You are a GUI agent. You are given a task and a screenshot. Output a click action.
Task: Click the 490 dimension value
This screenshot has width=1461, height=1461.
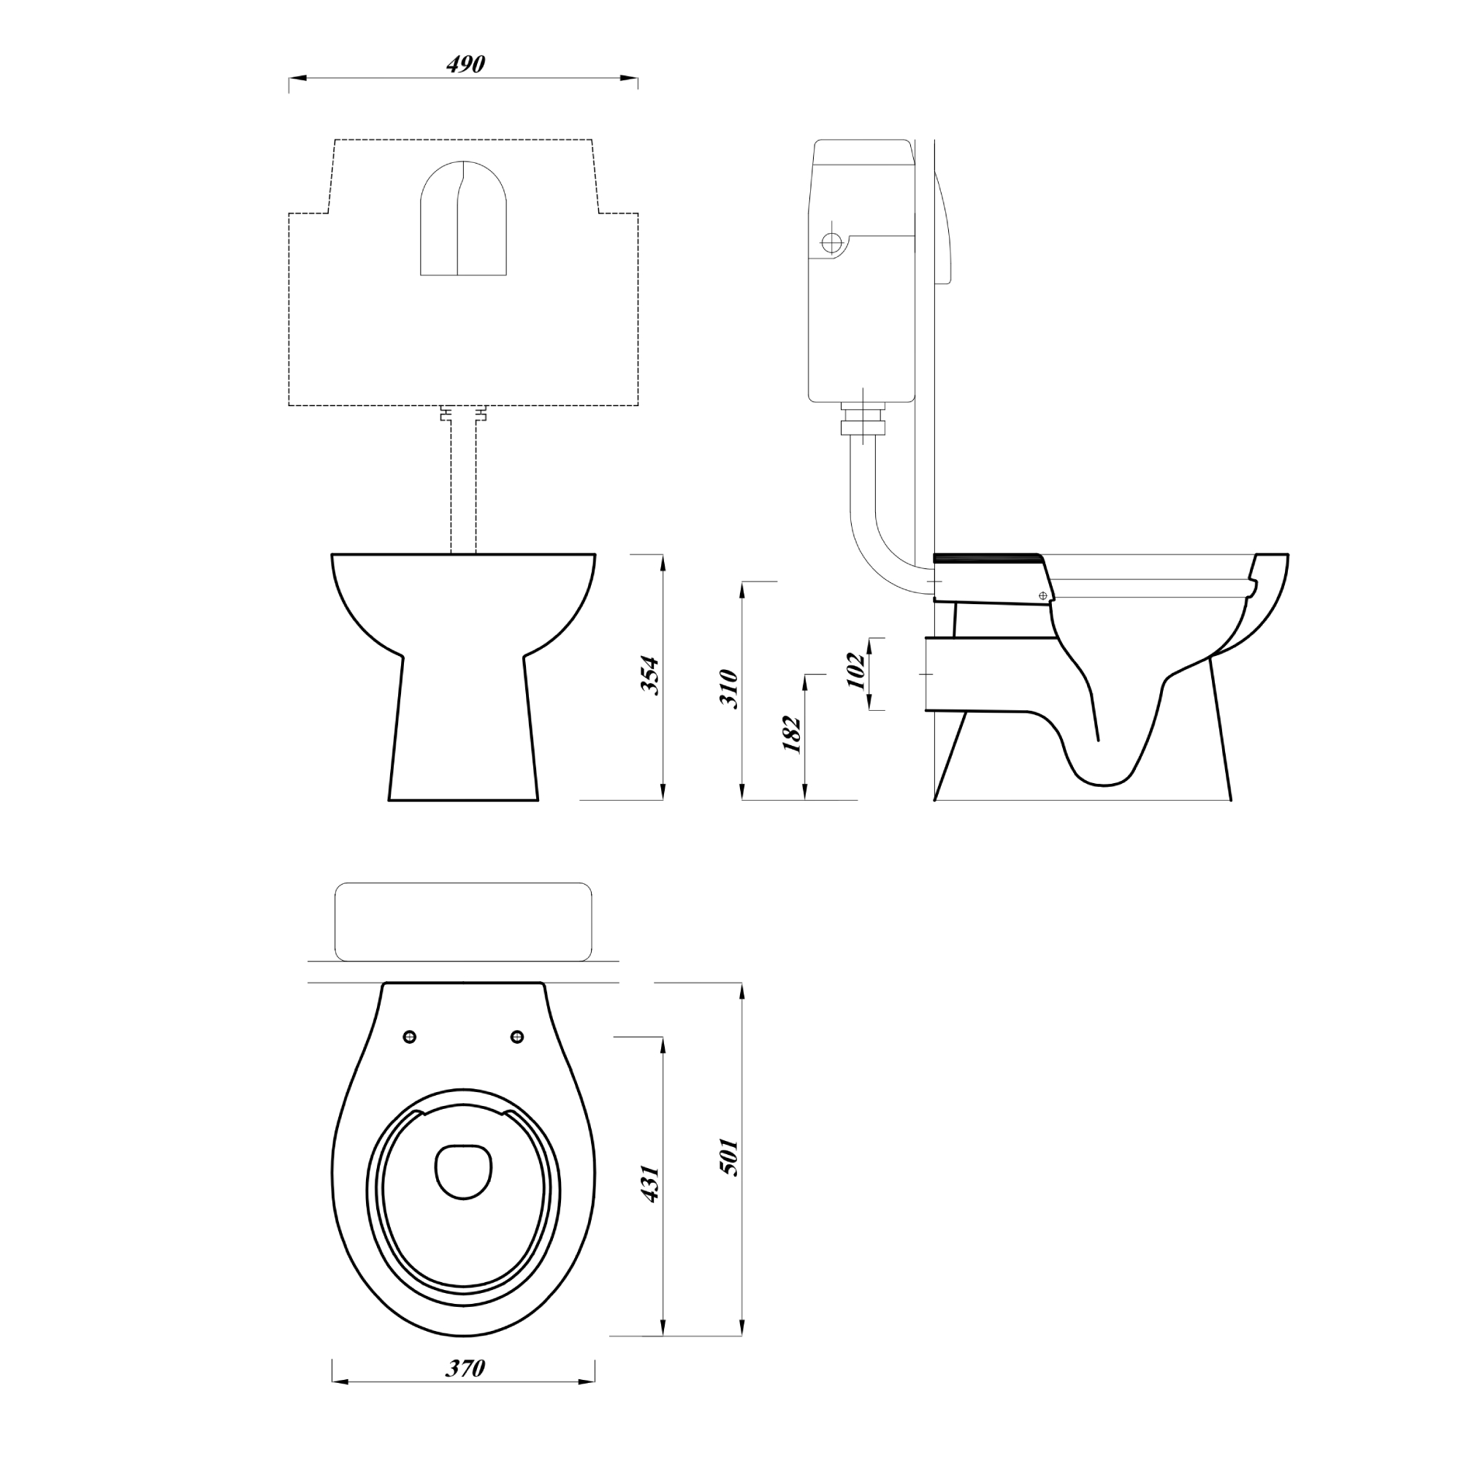click(465, 64)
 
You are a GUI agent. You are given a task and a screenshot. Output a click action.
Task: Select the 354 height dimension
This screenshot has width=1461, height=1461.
click(650, 675)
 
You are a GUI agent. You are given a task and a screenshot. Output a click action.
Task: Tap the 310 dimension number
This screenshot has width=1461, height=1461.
click(729, 688)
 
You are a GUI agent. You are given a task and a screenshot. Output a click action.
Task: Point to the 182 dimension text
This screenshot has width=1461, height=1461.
click(792, 733)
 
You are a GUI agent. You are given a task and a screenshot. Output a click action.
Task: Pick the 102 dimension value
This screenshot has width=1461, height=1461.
click(855, 671)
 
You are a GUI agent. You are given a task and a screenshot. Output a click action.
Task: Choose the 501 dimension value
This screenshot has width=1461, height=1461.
click(729, 1157)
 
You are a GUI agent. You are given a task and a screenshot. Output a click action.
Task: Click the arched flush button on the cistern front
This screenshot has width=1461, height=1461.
click(463, 218)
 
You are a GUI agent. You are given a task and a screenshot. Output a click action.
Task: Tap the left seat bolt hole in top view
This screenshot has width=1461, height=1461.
click(411, 1036)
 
